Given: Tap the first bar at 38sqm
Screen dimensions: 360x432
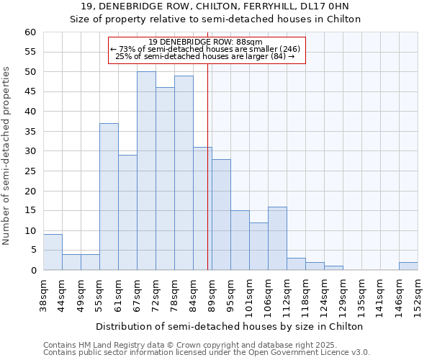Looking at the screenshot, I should [53, 252].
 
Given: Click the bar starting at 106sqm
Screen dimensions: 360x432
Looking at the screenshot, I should [277, 238].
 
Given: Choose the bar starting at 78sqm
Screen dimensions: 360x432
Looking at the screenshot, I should [184, 173].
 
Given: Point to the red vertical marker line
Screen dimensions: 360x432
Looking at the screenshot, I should [207, 180].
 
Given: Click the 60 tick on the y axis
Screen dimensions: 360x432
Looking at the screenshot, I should [30, 32].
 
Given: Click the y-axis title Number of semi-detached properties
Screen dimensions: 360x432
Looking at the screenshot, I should [7, 156].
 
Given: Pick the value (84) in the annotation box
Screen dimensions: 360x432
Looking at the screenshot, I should [279, 56].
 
